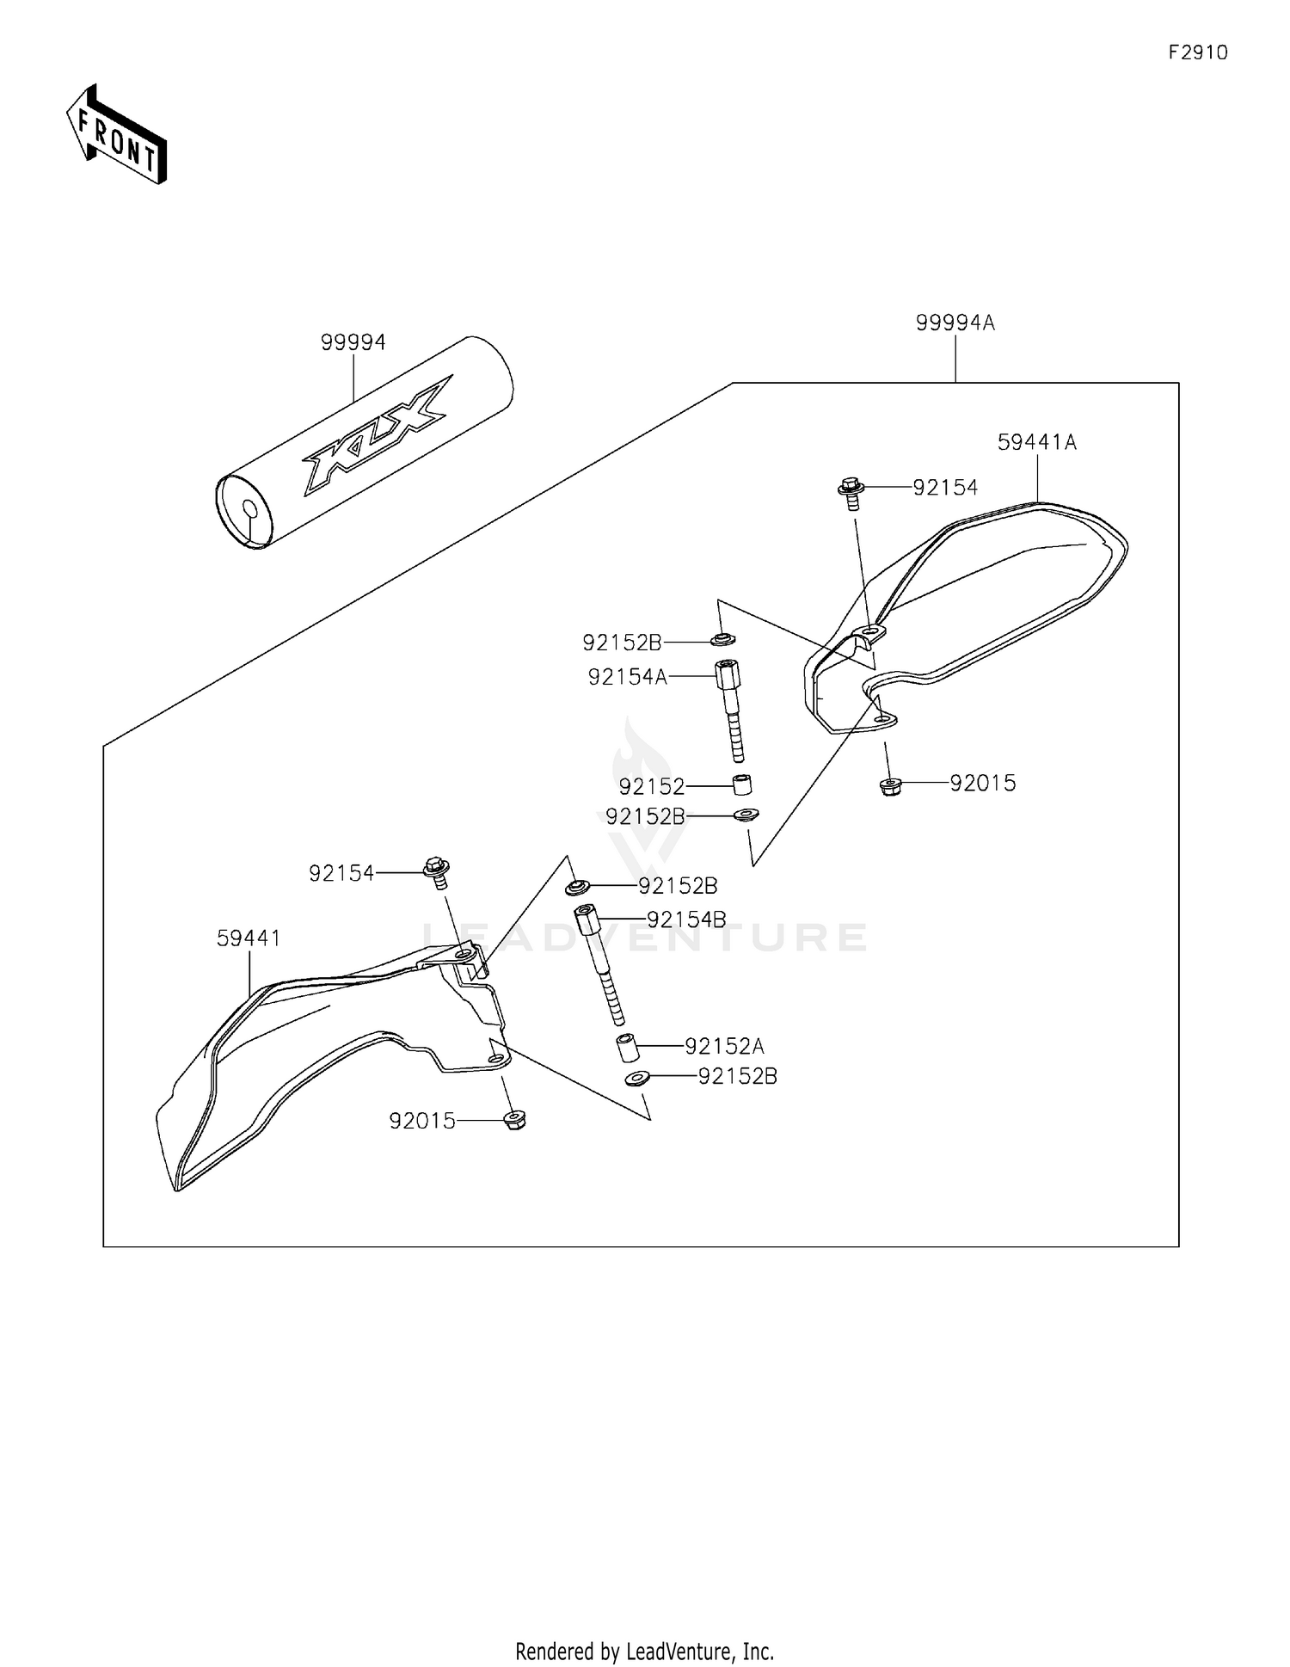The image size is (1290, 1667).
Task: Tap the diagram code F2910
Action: pos(1198,52)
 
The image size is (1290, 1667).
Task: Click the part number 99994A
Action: pos(955,323)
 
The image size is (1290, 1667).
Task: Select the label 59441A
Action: pos(1036,442)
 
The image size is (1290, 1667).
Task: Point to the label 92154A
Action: pos(627,677)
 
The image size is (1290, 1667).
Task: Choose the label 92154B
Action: pos(686,920)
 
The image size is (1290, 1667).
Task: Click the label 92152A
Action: pos(724,1046)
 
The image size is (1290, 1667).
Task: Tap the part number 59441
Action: pos(249,938)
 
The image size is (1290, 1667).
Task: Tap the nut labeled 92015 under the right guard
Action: pos(889,785)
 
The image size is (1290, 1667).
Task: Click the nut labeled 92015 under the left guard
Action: pos(513,1120)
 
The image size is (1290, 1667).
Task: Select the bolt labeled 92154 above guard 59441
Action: pos(437,871)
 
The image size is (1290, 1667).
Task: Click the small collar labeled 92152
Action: pos(741,785)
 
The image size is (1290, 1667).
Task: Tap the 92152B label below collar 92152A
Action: pos(737,1076)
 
